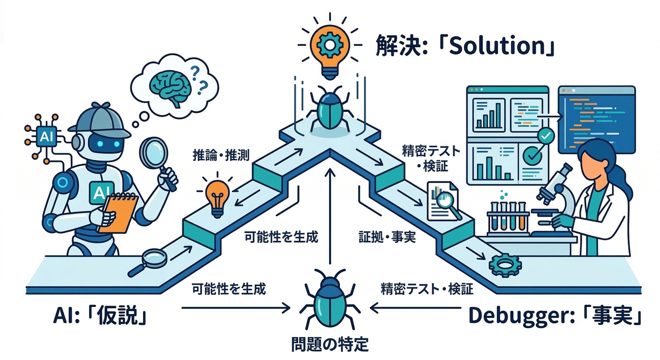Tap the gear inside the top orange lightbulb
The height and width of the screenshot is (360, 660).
330,45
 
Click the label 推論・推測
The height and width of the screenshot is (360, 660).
221,155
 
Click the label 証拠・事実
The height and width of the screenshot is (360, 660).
387,237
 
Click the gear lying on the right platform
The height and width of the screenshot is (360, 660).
505,265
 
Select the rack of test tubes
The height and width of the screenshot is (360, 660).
507,218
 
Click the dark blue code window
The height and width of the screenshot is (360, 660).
597,120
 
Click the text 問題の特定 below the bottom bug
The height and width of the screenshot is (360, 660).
330,344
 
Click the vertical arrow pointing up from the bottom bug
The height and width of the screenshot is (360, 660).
330,216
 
